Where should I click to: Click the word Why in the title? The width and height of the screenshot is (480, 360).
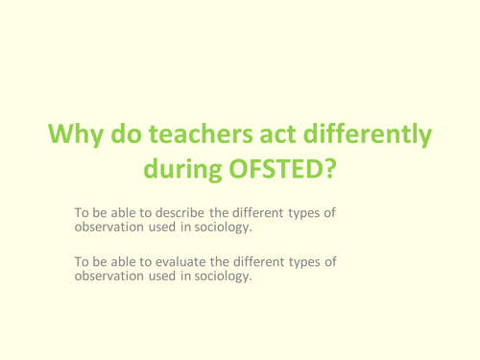(78, 135)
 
